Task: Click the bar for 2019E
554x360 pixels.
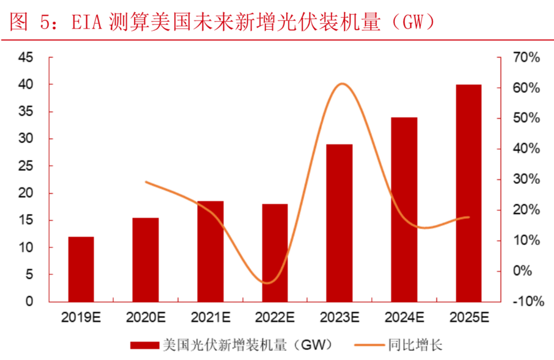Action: (x=81, y=269)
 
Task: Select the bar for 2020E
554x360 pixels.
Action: (x=146, y=260)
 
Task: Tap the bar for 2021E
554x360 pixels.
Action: (x=210, y=251)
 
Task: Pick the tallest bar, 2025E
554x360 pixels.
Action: (x=468, y=193)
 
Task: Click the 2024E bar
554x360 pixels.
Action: (x=404, y=209)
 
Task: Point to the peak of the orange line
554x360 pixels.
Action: (x=341, y=84)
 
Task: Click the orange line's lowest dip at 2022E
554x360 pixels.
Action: (x=268, y=283)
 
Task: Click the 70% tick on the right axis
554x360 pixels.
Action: (x=526, y=58)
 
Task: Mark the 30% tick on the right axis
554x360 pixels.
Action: (x=526, y=180)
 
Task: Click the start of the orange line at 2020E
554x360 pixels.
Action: (x=146, y=182)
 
